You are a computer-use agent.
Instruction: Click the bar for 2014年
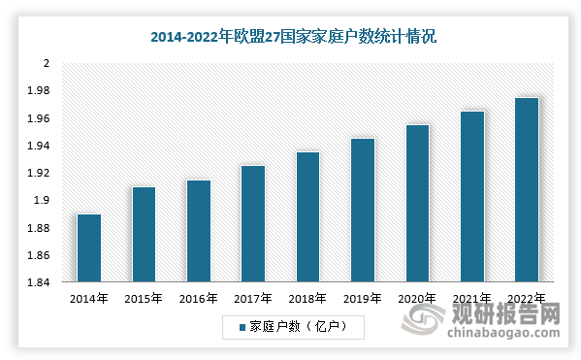(x=89, y=248)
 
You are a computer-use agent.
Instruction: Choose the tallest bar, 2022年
(x=527, y=190)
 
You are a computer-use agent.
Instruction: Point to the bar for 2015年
(x=144, y=235)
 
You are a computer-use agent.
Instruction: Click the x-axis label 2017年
(x=253, y=299)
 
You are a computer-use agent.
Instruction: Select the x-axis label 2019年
(x=363, y=299)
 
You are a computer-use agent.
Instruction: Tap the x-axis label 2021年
(x=472, y=299)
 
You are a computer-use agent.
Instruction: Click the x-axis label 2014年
(x=89, y=299)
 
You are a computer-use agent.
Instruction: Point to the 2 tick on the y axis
(x=45, y=64)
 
